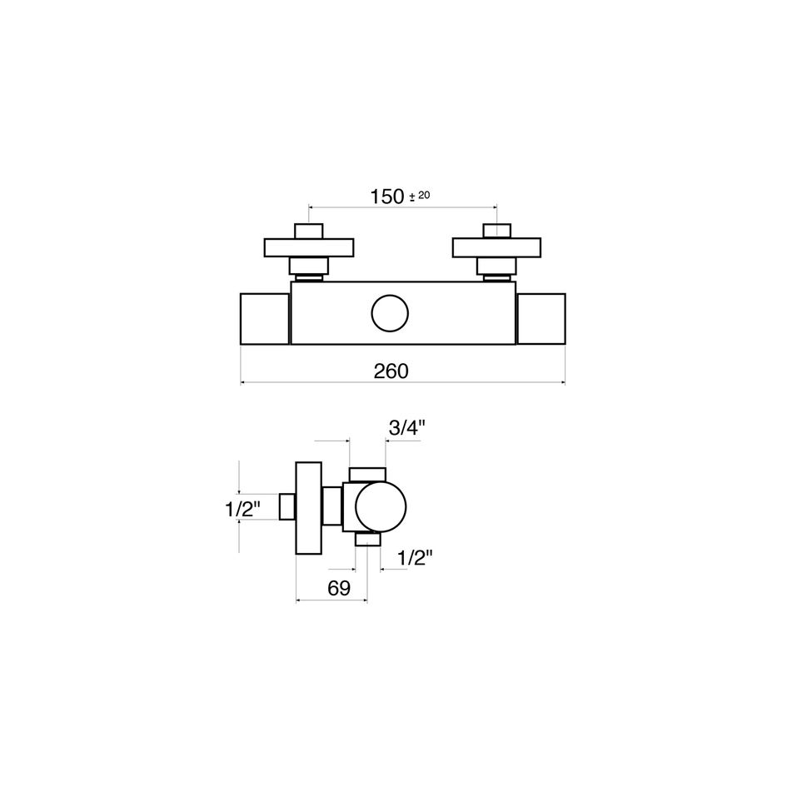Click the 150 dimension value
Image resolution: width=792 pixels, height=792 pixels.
pos(387,197)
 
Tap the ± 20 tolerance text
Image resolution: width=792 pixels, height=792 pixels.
pos(420,196)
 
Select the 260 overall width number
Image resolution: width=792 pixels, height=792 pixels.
pos(391,371)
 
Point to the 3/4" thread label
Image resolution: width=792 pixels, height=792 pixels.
pos(407,428)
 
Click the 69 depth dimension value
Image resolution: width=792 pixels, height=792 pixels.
pos(339,588)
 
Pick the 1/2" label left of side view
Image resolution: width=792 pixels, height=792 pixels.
pos(243,509)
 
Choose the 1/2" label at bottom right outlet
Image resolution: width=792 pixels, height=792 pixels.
pos(416,558)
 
